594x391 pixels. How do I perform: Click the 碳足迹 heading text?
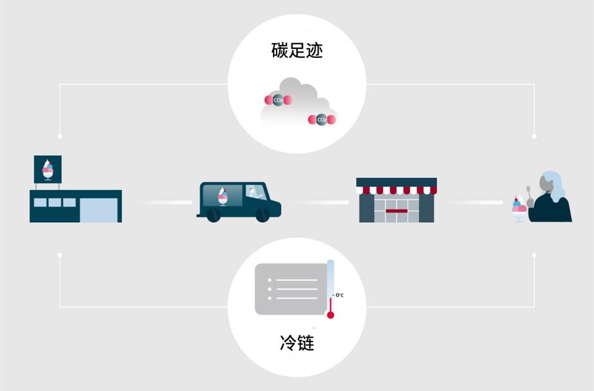coord(297,50)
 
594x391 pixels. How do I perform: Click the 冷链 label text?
coord(297,343)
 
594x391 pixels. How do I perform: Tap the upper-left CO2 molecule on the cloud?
coord(278,100)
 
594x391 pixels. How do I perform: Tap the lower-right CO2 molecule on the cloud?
coord(322,120)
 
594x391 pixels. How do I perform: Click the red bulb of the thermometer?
coord(330,315)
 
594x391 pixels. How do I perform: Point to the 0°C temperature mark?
coord(339,295)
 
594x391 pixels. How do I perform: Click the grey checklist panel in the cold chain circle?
coord(291,289)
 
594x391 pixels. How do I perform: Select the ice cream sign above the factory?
coord(48,169)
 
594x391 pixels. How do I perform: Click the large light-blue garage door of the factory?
coord(98,210)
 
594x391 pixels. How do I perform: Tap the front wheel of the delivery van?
coord(263,216)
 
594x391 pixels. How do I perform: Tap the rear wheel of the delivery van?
coord(214,216)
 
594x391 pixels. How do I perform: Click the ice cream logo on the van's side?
coord(223,196)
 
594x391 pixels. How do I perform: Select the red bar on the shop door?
coord(396,211)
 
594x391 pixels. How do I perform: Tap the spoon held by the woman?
coord(529,193)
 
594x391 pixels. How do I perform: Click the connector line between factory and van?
coord(165,202)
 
